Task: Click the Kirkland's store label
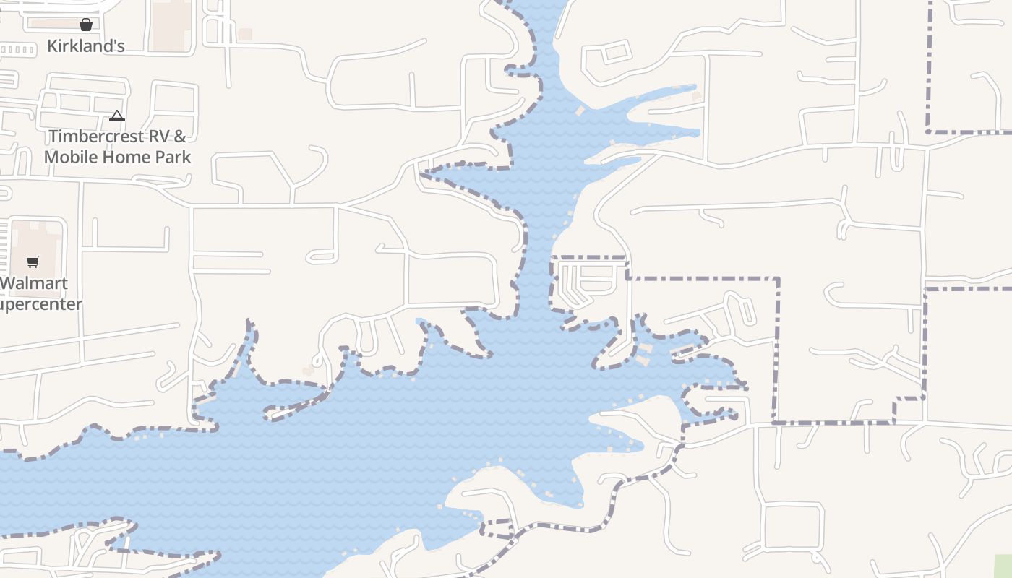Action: click(x=85, y=46)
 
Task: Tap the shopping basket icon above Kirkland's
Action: click(x=86, y=25)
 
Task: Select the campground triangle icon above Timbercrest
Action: click(x=117, y=116)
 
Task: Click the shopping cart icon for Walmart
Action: click(x=33, y=262)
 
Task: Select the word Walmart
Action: click(x=34, y=283)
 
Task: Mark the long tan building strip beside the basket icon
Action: click(x=54, y=24)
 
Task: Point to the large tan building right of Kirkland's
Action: click(x=171, y=26)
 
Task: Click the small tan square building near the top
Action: click(x=245, y=34)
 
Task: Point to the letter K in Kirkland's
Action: click(x=52, y=46)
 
